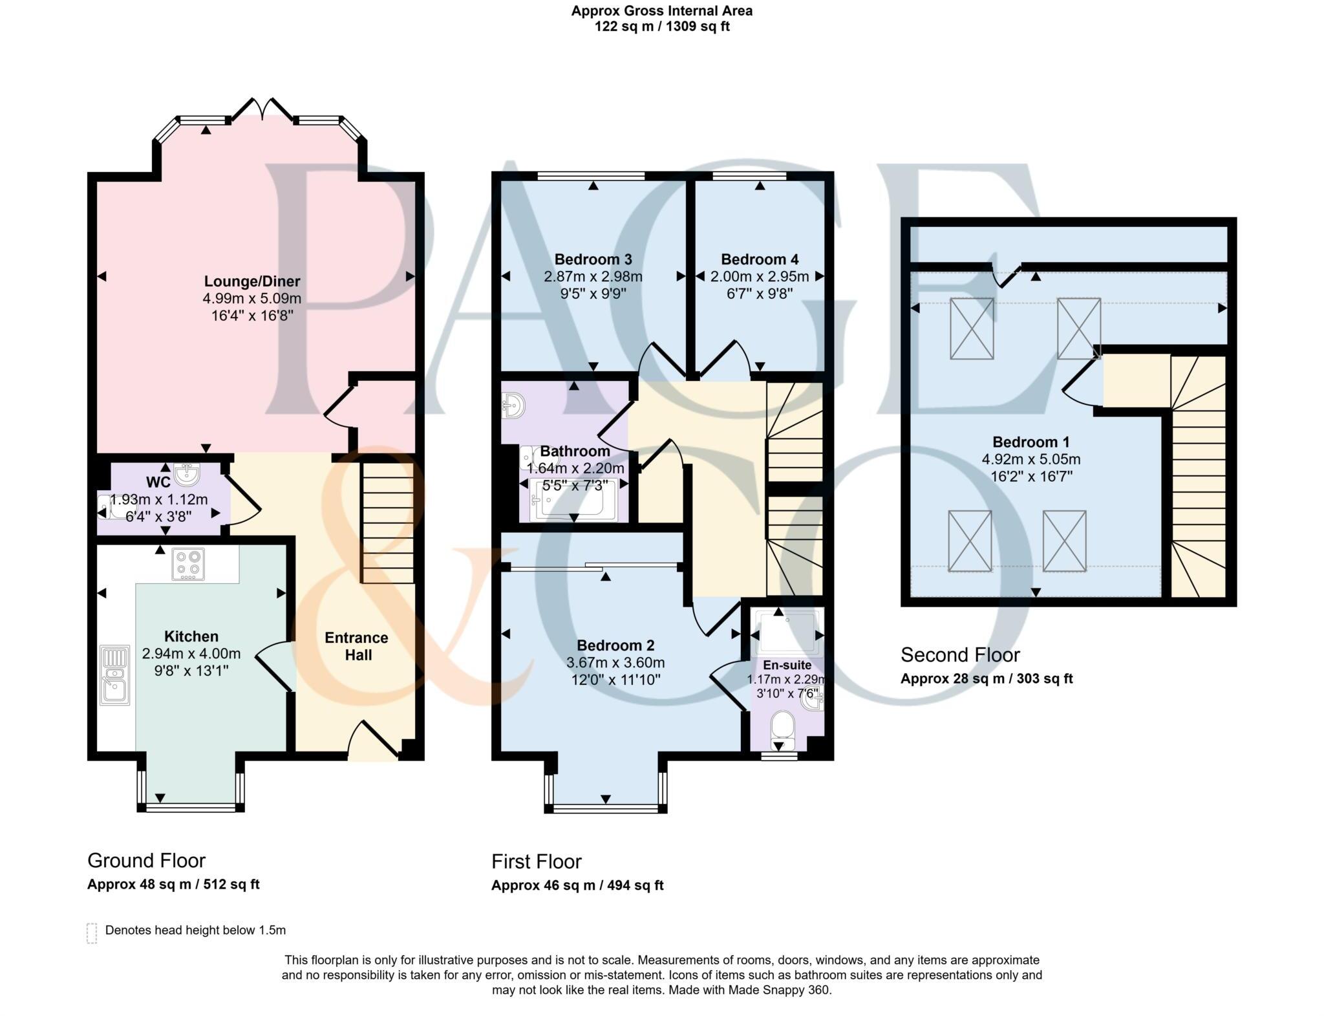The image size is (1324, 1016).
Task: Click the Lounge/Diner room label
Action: coord(252,281)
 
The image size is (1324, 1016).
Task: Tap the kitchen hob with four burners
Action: coord(188,564)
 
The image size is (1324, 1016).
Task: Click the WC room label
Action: coord(158,482)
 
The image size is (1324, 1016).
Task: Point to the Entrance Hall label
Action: coord(357,646)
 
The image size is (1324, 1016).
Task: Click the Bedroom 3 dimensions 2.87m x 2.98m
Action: coord(593,277)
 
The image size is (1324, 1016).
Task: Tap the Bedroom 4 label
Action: coord(760,259)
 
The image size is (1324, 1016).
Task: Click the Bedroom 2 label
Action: coord(615,645)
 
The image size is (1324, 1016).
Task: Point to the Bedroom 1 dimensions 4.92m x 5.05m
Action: coord(1031,460)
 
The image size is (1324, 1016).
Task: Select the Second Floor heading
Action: coord(960,655)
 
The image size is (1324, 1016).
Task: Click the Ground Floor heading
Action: coord(146,860)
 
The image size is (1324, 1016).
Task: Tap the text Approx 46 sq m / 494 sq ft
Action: coord(577,885)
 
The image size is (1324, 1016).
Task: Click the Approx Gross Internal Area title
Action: coord(661,11)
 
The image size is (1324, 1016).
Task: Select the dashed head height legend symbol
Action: coord(92,933)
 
